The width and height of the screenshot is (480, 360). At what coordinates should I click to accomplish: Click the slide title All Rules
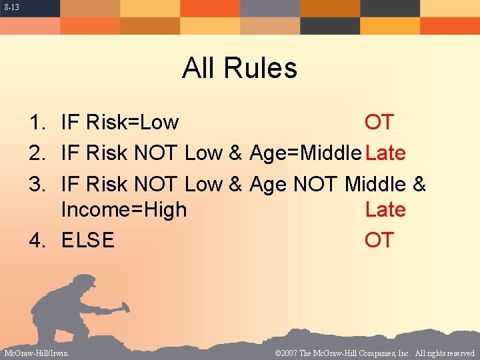[x=239, y=68]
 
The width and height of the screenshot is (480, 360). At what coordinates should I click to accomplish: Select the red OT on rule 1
[x=379, y=123]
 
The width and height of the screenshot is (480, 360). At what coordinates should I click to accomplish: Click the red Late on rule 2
[x=385, y=153]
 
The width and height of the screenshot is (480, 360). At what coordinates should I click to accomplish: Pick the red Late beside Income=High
[x=385, y=209]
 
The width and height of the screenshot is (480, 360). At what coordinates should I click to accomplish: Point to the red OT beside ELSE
[x=379, y=240]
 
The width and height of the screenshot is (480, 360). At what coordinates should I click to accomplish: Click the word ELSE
[x=87, y=240]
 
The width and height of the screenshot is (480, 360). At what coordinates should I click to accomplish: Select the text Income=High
[x=123, y=209]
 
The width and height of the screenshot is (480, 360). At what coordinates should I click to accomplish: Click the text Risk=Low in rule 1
[x=137, y=123]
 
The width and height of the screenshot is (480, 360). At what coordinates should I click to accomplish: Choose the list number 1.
[x=36, y=123]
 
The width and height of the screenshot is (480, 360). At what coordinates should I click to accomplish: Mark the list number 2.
[x=36, y=153]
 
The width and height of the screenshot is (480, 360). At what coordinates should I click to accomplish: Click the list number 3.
[x=36, y=183]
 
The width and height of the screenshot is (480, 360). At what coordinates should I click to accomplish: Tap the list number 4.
[x=36, y=240]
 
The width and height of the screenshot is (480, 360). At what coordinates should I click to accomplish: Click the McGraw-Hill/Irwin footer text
[x=36, y=353]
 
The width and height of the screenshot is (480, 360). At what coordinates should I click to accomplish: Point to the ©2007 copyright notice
[x=374, y=353]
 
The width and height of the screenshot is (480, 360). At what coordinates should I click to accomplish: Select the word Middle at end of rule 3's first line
[x=375, y=183]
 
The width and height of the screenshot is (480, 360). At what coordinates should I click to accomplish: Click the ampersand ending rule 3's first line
[x=419, y=183]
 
